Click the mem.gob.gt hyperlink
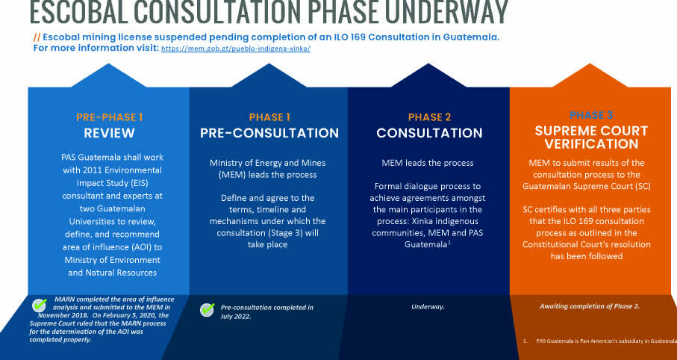[235, 49]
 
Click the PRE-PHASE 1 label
[109, 117]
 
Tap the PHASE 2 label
[429, 117]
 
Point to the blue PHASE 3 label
[590, 115]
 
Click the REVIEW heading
[109, 134]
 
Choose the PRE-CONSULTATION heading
[269, 134]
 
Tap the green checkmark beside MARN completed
[40, 305]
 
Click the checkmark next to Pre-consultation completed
[208, 309]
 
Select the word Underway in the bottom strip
[428, 307]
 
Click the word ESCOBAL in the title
[72, 12]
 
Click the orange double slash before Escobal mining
[37, 37]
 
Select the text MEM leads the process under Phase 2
[428, 162]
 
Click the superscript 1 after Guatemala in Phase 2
[449, 241]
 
